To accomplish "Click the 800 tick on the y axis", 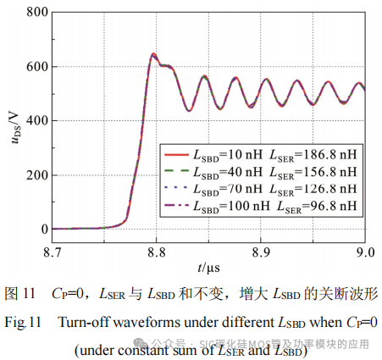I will (35, 13).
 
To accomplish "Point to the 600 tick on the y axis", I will (35, 67).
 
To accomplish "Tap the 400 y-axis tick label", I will (35, 121).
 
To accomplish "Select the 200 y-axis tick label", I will (35, 175).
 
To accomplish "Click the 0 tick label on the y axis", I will (42, 230).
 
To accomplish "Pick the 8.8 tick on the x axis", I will (157, 252).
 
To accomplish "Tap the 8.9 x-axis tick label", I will (261, 252).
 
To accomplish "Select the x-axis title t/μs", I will (209, 269).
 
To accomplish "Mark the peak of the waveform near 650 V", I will (153, 54).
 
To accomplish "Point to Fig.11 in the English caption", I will (25, 322).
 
